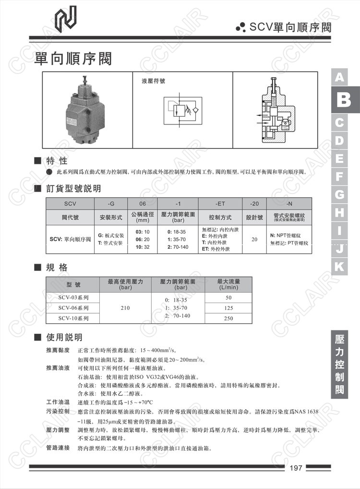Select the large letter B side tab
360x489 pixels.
click(344, 100)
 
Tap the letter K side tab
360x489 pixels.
click(340, 267)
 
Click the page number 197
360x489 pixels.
click(296, 468)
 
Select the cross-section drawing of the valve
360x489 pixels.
click(275, 110)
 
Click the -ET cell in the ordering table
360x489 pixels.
click(220, 203)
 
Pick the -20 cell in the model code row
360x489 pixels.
click(254, 203)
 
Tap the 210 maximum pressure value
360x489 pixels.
click(125, 308)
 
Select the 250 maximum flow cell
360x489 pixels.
click(228, 318)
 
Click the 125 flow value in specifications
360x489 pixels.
click(228, 308)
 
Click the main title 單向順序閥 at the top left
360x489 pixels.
click(73, 59)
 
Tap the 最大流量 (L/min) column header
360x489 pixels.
click(228, 284)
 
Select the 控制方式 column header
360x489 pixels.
click(220, 217)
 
